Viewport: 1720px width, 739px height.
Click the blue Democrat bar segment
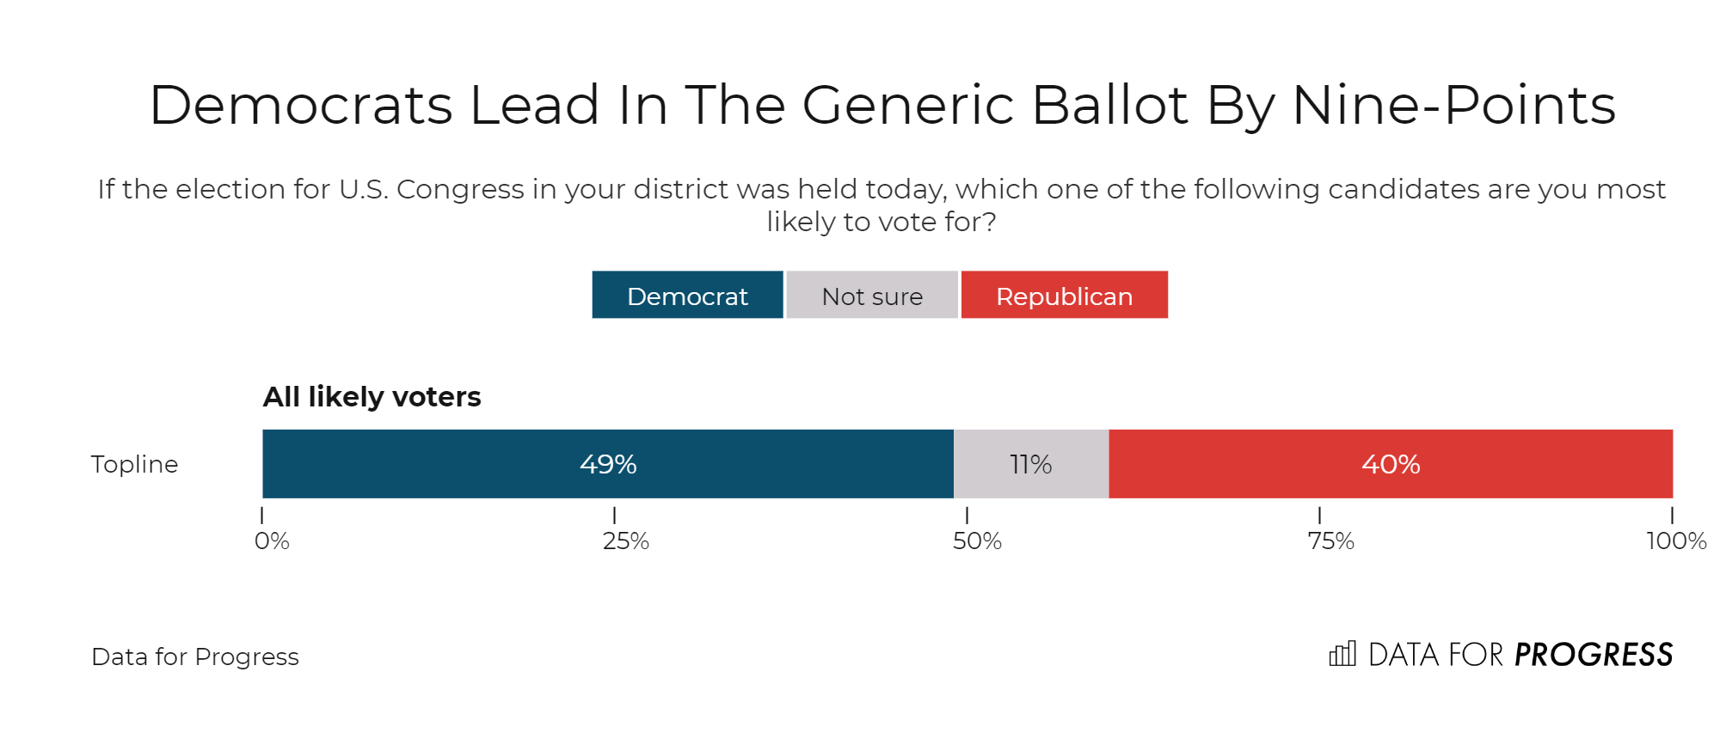(x=430, y=464)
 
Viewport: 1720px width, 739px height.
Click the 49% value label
(x=608, y=464)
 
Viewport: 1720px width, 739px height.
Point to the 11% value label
(x=1030, y=464)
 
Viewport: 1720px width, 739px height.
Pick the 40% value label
(x=1391, y=464)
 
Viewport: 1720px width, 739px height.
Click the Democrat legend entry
(x=687, y=296)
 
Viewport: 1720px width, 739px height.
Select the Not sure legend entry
(x=872, y=296)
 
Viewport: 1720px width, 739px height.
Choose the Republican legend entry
(x=1064, y=296)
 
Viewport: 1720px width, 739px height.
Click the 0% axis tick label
(x=272, y=541)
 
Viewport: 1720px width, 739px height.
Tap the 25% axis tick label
(x=625, y=541)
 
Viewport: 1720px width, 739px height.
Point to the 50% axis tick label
(x=977, y=541)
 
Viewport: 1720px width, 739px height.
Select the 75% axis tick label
(x=1330, y=541)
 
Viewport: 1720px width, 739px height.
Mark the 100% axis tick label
(x=1676, y=541)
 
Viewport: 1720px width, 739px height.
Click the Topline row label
(x=134, y=464)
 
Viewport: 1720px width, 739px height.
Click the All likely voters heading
(x=372, y=396)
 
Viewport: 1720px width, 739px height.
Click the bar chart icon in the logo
(x=1342, y=654)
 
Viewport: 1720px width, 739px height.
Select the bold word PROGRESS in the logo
(x=1593, y=655)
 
